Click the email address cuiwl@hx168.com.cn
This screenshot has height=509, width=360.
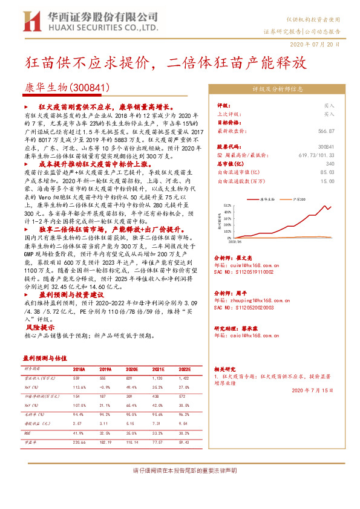tap(249, 264)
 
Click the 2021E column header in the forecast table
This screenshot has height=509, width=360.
tap(158, 369)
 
